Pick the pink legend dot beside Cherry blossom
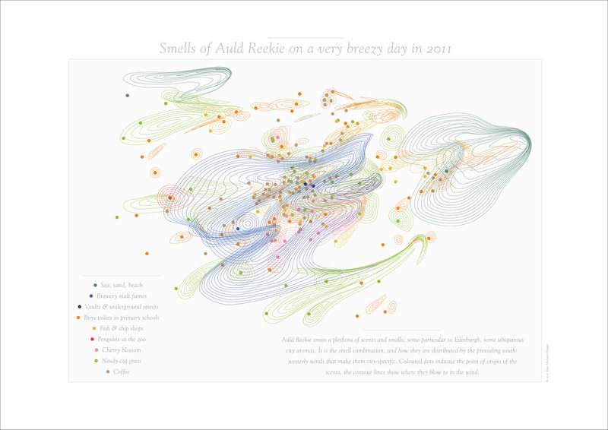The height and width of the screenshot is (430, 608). pyautogui.click(x=96, y=349)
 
